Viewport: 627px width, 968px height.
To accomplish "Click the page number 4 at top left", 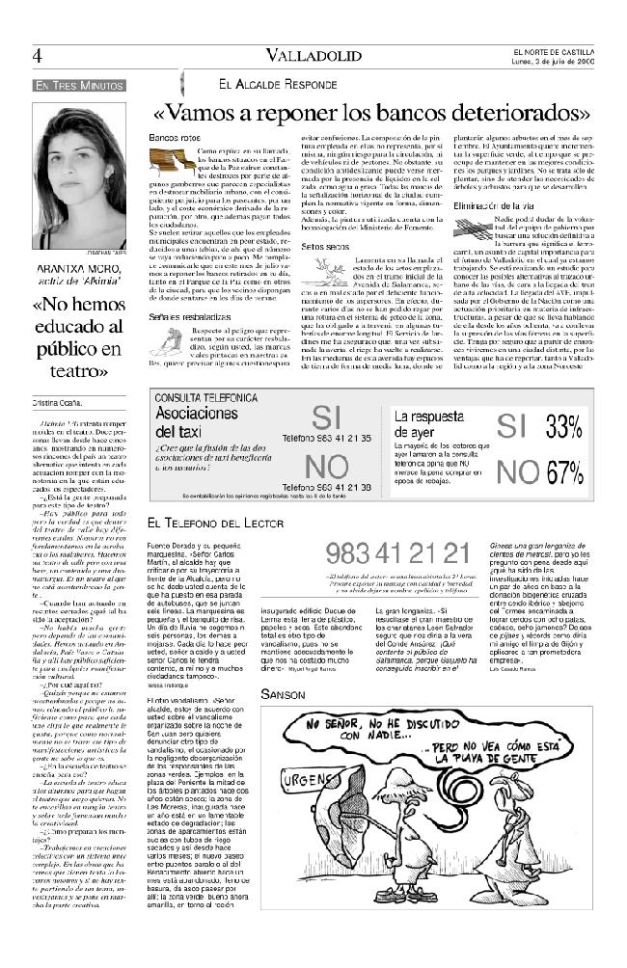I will pos(37,56).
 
